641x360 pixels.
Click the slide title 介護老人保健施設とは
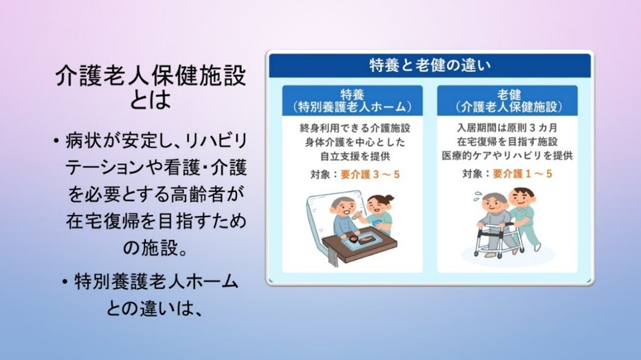[x=151, y=88]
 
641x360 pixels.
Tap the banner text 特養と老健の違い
[x=429, y=65]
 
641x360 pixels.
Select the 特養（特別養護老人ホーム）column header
[x=352, y=101]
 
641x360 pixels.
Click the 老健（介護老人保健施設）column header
[x=507, y=101]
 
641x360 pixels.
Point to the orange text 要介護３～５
[x=370, y=175]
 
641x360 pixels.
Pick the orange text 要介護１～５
[x=523, y=174]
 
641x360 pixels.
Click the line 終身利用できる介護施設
[x=355, y=128]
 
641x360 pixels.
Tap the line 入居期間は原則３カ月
[x=507, y=128]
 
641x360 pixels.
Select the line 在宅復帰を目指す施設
[x=507, y=142]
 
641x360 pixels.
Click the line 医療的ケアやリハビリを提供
[x=507, y=156]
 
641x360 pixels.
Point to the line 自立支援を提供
[x=355, y=156]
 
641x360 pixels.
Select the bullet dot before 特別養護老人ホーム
[x=64, y=282]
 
